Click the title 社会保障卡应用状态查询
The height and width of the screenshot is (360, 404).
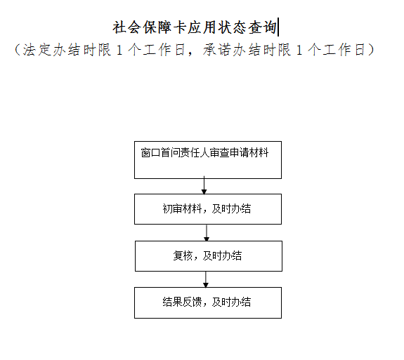click(195, 27)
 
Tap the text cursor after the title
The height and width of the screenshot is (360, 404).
click(278, 27)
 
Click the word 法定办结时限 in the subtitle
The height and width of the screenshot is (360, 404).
click(67, 49)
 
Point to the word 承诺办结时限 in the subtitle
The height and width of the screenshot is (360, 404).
click(247, 49)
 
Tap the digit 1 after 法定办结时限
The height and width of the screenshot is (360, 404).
click(119, 50)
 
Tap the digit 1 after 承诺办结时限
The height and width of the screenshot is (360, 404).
click(299, 50)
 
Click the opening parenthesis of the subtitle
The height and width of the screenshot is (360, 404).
click(17, 49)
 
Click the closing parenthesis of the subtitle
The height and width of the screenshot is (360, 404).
click(371, 49)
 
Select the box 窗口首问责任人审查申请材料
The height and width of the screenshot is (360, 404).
click(208, 160)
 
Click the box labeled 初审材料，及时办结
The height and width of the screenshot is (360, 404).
click(208, 209)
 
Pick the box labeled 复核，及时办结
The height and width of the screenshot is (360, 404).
click(209, 256)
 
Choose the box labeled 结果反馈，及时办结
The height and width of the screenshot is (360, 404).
click(208, 303)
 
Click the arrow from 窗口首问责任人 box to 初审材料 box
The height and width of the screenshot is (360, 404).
click(204, 185)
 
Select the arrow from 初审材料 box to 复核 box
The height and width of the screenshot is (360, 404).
click(207, 233)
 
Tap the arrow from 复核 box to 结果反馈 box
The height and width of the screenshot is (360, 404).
click(206, 280)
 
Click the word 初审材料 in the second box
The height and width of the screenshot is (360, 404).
click(182, 208)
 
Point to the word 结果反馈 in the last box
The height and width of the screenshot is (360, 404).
click(182, 302)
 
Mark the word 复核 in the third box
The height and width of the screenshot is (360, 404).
click(183, 255)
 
